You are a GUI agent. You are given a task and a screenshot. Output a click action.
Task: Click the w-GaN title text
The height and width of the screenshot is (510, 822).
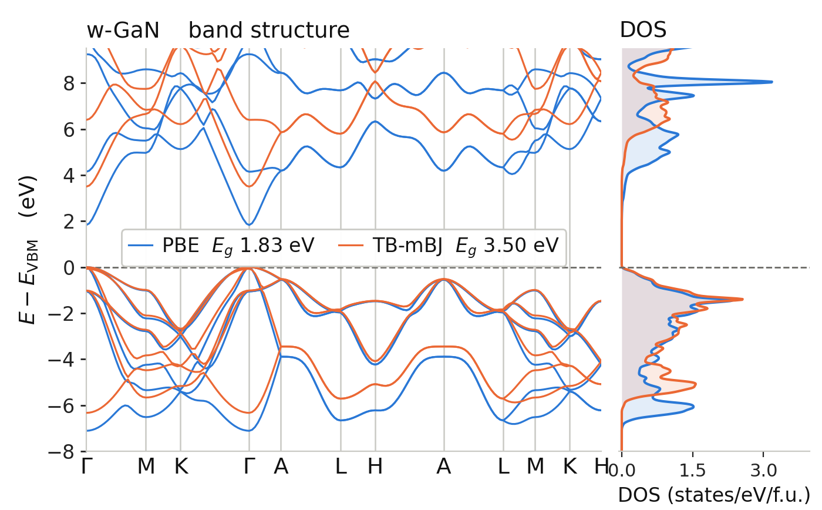pos(123,30)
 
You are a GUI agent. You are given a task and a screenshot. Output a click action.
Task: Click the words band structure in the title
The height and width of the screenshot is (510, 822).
pos(269,30)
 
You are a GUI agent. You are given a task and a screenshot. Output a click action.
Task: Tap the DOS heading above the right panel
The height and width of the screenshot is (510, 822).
pos(643,30)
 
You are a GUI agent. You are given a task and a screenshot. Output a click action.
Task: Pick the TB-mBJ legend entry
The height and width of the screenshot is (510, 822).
pos(448,245)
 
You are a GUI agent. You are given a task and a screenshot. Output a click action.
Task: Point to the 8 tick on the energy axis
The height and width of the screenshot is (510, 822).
pos(69,83)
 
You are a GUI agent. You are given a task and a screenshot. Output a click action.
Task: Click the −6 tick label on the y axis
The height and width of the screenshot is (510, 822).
pos(62,406)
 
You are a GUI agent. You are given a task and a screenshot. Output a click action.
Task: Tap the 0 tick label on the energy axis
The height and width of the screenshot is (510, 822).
pos(69,268)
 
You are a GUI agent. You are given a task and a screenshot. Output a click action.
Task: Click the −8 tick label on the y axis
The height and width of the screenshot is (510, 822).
pos(62,452)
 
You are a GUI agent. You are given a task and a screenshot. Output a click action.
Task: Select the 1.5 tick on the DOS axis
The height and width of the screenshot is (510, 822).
pos(692,471)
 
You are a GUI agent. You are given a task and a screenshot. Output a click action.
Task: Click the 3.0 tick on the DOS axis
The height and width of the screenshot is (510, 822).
pos(763,471)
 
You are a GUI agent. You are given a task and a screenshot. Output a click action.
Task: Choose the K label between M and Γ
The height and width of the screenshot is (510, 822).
pos(181,467)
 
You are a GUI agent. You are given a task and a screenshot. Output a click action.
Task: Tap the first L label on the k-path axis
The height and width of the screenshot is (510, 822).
pos(341,467)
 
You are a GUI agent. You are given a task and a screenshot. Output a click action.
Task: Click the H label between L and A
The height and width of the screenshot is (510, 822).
pos(375,467)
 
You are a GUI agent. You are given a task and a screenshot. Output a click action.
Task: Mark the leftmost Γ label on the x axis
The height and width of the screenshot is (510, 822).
pos(86,467)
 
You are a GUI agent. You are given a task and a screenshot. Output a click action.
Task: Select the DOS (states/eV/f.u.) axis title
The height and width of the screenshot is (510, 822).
pos(714,495)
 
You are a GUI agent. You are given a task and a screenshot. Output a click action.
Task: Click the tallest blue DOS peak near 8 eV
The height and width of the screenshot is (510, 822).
pos(772,82)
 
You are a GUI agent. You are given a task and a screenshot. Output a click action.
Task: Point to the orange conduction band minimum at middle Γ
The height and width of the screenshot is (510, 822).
pos(249,186)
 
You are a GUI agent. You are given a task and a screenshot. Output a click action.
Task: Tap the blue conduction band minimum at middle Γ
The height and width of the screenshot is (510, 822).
pos(249,224)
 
